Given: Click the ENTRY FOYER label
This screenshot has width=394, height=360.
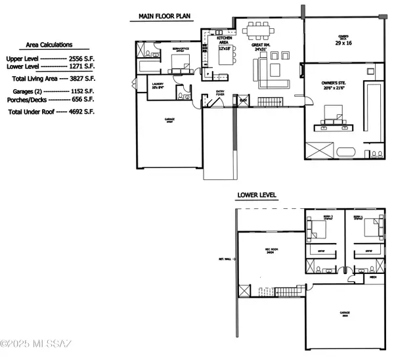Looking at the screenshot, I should click(x=220, y=93).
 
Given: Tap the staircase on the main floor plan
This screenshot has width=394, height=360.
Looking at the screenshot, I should click(x=269, y=101).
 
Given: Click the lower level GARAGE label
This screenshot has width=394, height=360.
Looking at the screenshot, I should click(x=344, y=313).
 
